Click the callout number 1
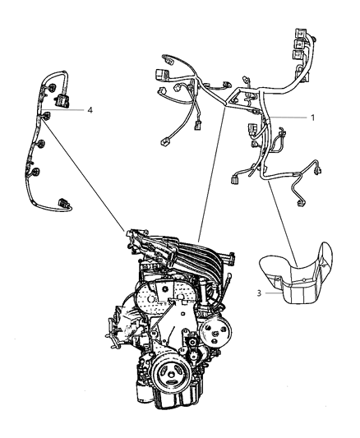(312, 118)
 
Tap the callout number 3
(259, 293)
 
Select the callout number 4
(90, 110)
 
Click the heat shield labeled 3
(296, 275)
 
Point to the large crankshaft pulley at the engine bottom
(170, 373)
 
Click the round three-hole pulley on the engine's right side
(216, 331)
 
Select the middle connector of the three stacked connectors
(300, 44)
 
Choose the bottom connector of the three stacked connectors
(298, 55)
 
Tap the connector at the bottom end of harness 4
(62, 202)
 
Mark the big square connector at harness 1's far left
(159, 75)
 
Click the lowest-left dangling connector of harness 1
(164, 141)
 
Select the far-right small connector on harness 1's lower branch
(318, 170)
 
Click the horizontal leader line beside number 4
(63, 109)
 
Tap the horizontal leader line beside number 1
(288, 118)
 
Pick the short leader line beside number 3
(273, 293)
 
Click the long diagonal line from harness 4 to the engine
(84, 176)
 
